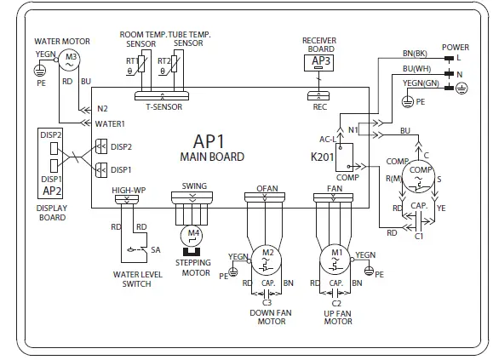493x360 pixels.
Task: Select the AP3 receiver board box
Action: pyautogui.click(x=319, y=61)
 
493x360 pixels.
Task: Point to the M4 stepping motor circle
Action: pyautogui.click(x=194, y=233)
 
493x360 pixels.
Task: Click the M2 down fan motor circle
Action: pyautogui.click(x=267, y=254)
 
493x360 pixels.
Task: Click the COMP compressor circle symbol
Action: pyautogui.click(x=420, y=171)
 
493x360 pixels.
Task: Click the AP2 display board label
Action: pyautogui.click(x=50, y=190)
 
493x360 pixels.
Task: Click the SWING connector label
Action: pyautogui.click(x=194, y=185)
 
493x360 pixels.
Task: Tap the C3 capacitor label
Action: pyautogui.click(x=267, y=302)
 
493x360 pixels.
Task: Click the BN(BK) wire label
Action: pyautogui.click(x=415, y=54)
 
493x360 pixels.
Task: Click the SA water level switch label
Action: pyautogui.click(x=155, y=249)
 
